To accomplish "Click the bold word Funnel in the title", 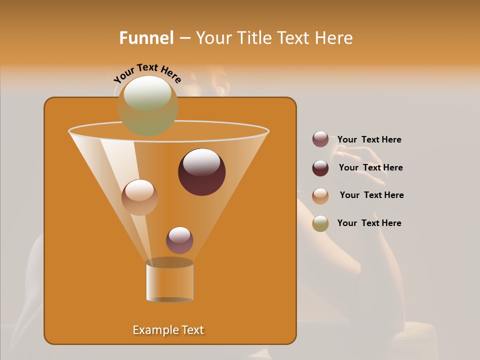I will coord(146,38).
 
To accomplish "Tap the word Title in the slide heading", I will coord(255,38).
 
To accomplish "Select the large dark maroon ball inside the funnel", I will coord(202,172).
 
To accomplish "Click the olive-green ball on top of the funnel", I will coord(147,105).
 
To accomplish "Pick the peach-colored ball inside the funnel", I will coord(139,197).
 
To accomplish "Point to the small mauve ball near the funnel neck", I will coord(179,240).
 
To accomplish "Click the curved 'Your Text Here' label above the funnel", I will coord(147,73).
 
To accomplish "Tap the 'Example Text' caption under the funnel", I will coord(168,330).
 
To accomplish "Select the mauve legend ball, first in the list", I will coord(320,139).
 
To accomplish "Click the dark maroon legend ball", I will coord(320,168).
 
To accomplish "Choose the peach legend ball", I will coord(320,195).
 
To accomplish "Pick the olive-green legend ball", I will coord(320,223).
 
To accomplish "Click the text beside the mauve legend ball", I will coord(369,140).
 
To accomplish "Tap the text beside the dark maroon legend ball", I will coord(370,168).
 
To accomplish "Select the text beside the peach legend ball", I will coord(371,195).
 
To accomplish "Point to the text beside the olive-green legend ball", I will coord(369,223).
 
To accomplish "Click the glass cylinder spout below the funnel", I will coord(169,283).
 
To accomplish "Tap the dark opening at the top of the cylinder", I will coord(169,262).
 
